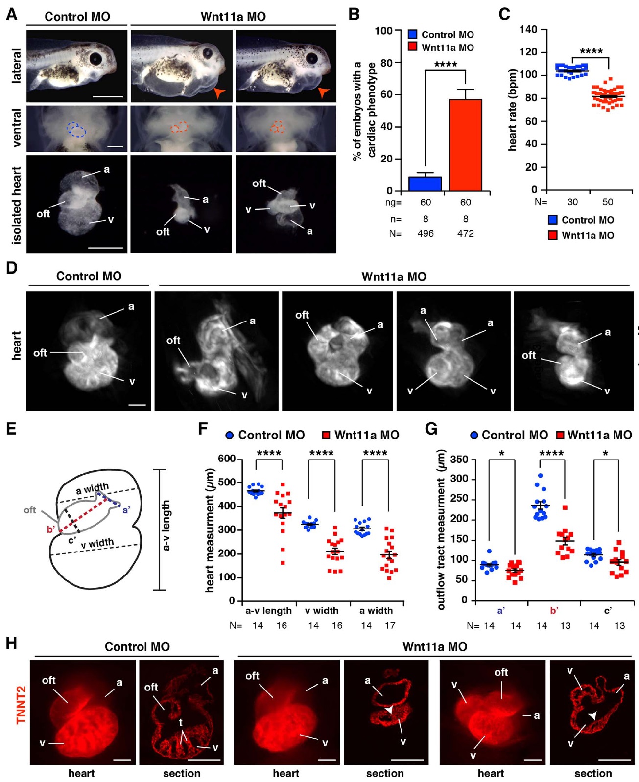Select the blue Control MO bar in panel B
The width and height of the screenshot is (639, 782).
tap(425, 184)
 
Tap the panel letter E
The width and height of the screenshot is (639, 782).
tap(11, 429)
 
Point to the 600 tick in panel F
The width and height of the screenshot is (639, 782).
tap(227, 459)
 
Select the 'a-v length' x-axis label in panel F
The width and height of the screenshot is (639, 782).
tap(268, 610)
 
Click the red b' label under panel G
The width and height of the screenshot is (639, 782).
tap(554, 610)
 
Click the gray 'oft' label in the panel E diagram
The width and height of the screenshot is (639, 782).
tap(29, 510)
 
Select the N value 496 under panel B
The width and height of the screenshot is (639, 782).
tap(425, 233)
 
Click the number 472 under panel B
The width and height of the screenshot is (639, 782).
tap(465, 233)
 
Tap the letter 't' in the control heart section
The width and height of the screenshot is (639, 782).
tap(180, 722)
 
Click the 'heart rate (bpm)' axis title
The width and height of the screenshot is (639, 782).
tap(513, 110)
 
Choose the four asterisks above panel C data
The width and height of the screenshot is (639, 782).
tap(592, 51)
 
